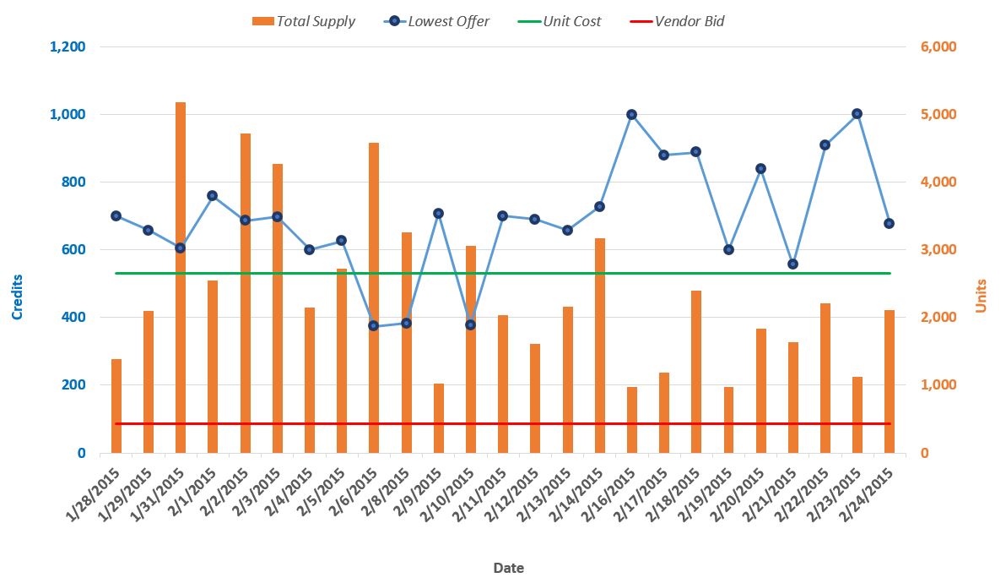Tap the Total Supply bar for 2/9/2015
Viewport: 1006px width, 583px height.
pos(438,418)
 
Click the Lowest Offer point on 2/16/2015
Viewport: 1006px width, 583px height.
pos(631,114)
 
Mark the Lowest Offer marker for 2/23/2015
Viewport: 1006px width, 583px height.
pos(857,113)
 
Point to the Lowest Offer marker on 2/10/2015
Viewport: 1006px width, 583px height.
pos(470,324)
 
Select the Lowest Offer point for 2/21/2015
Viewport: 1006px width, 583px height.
pos(792,264)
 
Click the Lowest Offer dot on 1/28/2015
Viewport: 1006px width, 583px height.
pos(116,215)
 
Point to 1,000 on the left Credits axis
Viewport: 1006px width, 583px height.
pos(68,114)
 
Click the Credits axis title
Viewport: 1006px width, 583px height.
pos(17,297)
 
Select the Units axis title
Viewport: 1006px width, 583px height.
pos(982,296)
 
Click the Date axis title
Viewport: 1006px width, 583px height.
pos(509,568)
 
